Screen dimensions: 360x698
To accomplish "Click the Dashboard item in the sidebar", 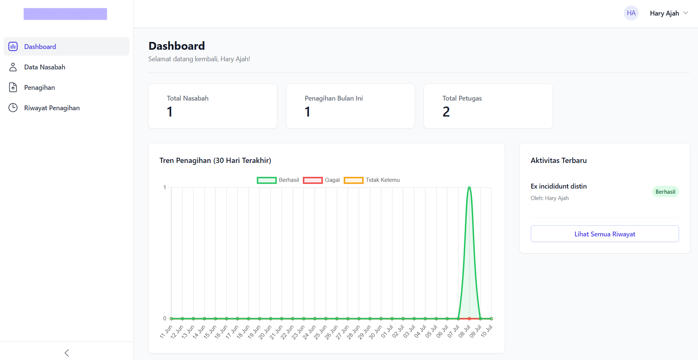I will [40, 47].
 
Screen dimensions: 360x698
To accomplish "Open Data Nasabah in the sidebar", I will [45, 67].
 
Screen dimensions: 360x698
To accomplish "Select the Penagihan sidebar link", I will [39, 88].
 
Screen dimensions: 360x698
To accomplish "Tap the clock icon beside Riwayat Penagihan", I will [13, 108].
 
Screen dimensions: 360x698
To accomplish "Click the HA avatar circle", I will [631, 13].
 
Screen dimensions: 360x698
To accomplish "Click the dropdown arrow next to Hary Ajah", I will [685, 13].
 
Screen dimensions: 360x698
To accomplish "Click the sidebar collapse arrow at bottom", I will [67, 353].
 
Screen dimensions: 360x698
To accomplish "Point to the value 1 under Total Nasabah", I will [170, 112].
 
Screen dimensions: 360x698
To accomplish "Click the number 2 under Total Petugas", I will [446, 112].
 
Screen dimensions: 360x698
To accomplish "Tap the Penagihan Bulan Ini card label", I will [333, 98].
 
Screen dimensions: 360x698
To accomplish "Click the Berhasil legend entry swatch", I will [267, 180].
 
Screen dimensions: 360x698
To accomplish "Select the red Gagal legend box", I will [313, 180].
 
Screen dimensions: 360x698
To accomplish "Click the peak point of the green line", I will [469, 188].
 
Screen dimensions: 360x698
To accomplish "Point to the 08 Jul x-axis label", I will [464, 331].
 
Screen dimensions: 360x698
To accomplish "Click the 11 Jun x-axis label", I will [166, 331].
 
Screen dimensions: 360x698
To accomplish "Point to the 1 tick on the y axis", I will [165, 187].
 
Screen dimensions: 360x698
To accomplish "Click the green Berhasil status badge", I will [665, 192].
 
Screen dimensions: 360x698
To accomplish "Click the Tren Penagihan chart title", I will [215, 160].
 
